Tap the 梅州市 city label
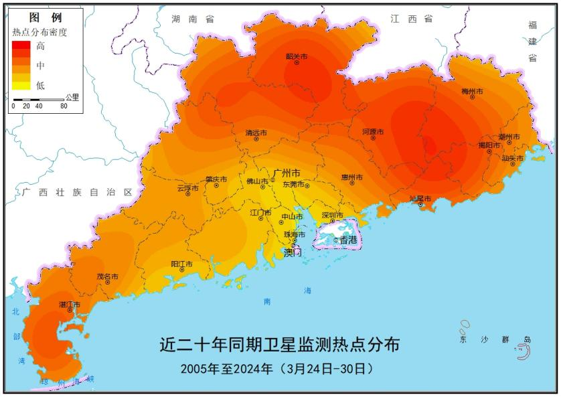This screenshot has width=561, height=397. pyautogui.click(x=472, y=91)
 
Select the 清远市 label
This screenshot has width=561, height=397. pyautogui.click(x=256, y=133)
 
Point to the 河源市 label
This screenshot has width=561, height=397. pyautogui.click(x=373, y=133)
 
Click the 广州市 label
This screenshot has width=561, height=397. pyautogui.click(x=287, y=173)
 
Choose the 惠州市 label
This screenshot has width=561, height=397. pyautogui.click(x=351, y=177)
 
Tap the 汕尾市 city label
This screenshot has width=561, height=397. pyautogui.click(x=420, y=199)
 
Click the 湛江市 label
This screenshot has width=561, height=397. pyautogui.click(x=70, y=305)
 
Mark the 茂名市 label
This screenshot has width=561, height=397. pyautogui.click(x=107, y=276)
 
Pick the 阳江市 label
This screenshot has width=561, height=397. pyautogui.click(x=181, y=264)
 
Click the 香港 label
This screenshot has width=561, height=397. pyautogui.click(x=348, y=240)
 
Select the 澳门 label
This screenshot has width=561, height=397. pyautogui.click(x=293, y=252)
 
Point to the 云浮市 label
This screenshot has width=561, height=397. pyautogui.click(x=187, y=188)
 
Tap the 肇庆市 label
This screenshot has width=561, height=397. pyautogui.click(x=216, y=179)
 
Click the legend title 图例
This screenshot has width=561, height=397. pyautogui.click(x=46, y=17)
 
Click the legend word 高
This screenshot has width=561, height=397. pyautogui.click(x=41, y=46)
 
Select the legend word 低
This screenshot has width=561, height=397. pyautogui.click(x=41, y=85)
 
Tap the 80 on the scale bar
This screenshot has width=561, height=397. pyautogui.click(x=64, y=106)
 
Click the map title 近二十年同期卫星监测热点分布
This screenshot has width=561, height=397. pyautogui.click(x=280, y=345)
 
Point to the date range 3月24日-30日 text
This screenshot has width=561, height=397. pyautogui.click(x=326, y=368)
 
